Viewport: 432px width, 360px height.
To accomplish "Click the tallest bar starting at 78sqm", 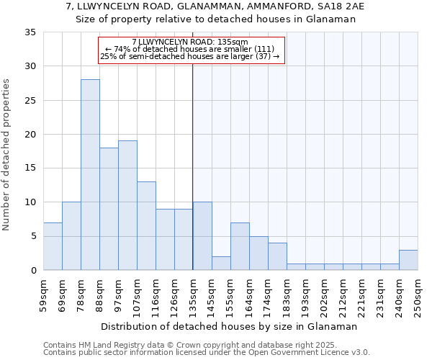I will click(x=90, y=174).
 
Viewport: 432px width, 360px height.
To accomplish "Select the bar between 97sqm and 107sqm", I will click(x=127, y=205).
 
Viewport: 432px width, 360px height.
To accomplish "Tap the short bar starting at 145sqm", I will click(x=221, y=263).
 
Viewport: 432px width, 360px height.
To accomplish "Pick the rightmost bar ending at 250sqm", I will click(x=408, y=260).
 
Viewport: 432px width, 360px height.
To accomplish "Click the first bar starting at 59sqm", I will click(x=53, y=246).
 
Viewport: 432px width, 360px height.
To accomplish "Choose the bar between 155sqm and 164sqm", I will click(x=240, y=246).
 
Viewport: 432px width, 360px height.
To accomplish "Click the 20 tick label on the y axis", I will click(x=30, y=135).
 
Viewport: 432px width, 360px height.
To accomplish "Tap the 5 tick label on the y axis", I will click(x=33, y=237).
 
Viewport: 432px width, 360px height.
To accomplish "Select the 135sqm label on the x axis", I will click(x=193, y=294).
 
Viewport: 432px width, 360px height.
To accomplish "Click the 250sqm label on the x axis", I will click(x=418, y=294).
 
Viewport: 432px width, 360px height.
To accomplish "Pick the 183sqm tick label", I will click(x=287, y=294).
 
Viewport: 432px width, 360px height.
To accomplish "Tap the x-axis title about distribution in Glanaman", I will click(x=230, y=326).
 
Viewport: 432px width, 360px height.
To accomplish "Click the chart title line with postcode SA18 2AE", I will click(x=215, y=6).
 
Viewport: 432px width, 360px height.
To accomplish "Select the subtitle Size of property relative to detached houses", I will click(x=216, y=19).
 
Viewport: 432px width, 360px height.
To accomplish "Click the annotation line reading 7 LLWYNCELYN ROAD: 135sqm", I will click(x=190, y=42).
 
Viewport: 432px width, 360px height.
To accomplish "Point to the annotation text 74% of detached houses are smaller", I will click(x=191, y=49).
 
